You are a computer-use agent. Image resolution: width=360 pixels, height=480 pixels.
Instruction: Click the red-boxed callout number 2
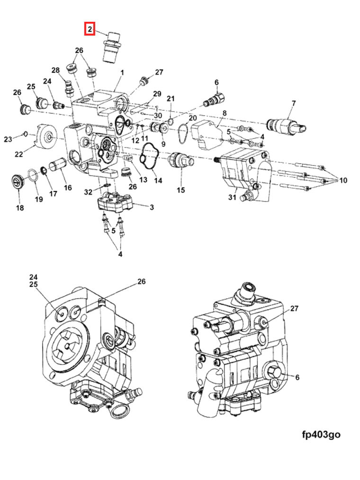pyautogui.click(x=90, y=29)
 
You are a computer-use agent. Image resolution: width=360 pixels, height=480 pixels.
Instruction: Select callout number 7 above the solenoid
pyautogui.click(x=293, y=103)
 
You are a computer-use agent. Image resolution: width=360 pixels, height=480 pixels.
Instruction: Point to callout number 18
pyautogui.click(x=20, y=208)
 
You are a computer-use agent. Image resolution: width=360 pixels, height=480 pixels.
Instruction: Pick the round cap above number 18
pyautogui.click(x=18, y=181)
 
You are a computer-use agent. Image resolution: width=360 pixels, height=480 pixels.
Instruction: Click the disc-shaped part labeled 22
pyautogui.click(x=47, y=137)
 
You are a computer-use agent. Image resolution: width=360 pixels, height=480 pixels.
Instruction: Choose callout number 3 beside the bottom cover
pyautogui.click(x=152, y=207)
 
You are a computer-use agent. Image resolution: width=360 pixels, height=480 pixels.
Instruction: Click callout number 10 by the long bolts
pyautogui.click(x=343, y=180)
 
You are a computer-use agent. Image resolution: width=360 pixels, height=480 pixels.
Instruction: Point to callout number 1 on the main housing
pyautogui.click(x=122, y=73)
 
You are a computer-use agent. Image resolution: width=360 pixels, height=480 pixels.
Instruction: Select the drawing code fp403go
pyautogui.click(x=321, y=434)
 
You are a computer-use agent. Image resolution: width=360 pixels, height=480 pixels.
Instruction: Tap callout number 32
pyautogui.click(x=88, y=192)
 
